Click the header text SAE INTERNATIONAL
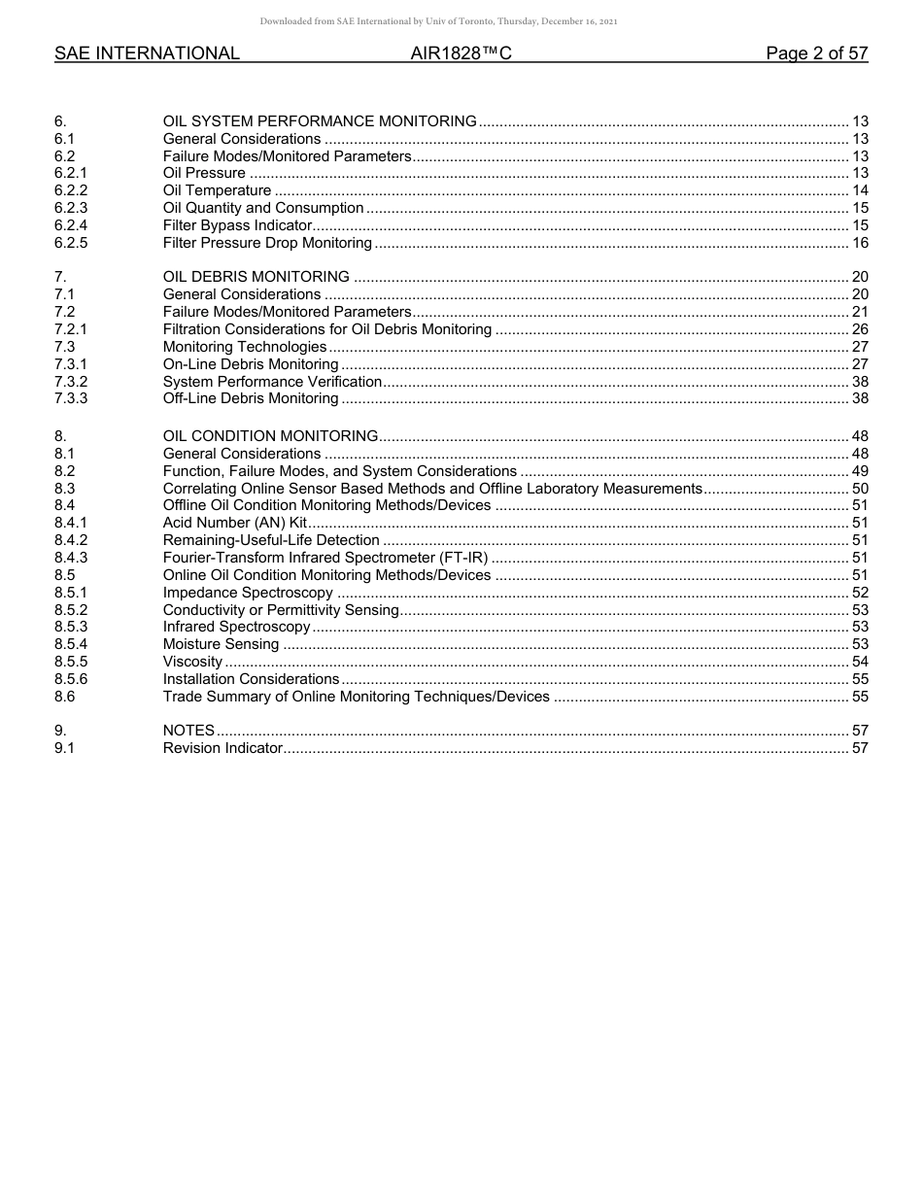[147, 53]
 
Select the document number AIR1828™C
[461, 53]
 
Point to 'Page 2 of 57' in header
[816, 53]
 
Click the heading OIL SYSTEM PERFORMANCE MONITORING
[320, 121]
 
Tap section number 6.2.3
[71, 208]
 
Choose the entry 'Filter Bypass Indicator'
[237, 225]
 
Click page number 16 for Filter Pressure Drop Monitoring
[859, 243]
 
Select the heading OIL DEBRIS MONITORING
[256, 277]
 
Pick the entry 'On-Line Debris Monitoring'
[251, 364]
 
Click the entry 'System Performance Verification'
[272, 382]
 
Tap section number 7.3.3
[71, 398]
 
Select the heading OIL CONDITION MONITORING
[270, 436]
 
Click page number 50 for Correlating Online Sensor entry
[859, 489]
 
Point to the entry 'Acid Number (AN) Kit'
[235, 523]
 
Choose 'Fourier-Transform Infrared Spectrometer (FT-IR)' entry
[325, 558]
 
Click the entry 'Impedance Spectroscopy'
[248, 593]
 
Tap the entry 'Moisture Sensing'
[221, 644]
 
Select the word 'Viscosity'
[192, 662]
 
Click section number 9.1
[65, 748]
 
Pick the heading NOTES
[188, 731]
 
